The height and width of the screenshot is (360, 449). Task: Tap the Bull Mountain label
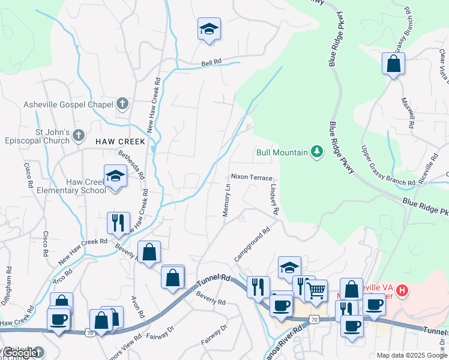282,152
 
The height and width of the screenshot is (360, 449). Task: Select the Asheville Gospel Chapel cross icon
122,104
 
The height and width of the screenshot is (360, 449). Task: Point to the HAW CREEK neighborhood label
120,142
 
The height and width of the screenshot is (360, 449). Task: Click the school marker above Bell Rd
209,29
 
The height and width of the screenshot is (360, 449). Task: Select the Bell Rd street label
211,62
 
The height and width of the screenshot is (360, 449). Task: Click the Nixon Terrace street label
252,178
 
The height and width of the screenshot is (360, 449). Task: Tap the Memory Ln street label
227,200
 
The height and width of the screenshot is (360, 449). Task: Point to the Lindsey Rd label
274,197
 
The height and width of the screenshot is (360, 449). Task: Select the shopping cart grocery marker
316,292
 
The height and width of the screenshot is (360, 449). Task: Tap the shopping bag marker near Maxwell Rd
393,64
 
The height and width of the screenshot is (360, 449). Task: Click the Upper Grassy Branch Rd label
388,165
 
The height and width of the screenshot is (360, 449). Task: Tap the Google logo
22,353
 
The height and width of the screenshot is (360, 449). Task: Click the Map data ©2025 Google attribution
412,355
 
